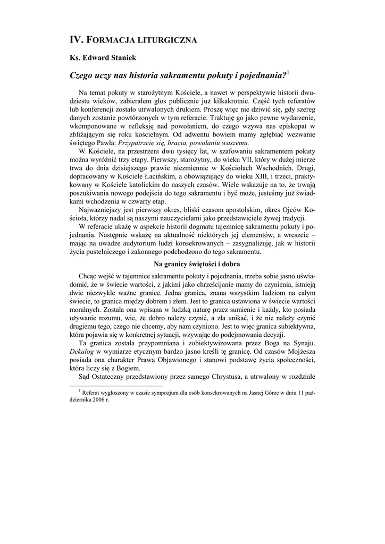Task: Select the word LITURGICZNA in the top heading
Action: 172,40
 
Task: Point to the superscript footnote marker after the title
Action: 288,73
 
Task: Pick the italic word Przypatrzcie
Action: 138,143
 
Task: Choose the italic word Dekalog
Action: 83,351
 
